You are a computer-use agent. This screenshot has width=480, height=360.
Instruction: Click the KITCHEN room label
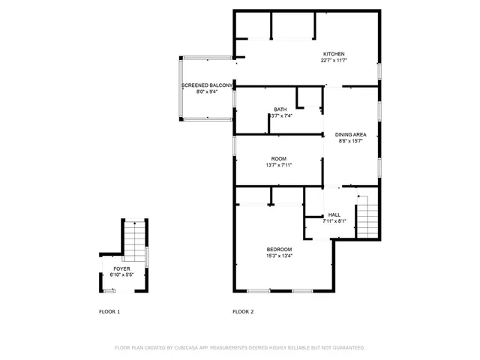tap(334, 54)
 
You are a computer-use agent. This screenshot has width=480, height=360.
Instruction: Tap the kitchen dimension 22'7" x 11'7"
tap(334, 61)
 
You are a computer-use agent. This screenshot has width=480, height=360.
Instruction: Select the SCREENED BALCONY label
tap(207, 86)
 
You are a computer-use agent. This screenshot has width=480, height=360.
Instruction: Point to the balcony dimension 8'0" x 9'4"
tap(207, 93)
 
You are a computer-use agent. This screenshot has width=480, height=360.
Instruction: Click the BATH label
tap(280, 109)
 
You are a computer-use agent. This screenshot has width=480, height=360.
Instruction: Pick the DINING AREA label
tap(350, 134)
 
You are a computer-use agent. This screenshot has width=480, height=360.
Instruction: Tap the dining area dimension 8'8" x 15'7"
tap(350, 141)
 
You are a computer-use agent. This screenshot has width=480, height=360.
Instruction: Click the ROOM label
tap(279, 158)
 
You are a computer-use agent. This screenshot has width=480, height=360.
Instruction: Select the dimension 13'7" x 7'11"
tap(279, 165)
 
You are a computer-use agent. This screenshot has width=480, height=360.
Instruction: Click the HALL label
tap(334, 214)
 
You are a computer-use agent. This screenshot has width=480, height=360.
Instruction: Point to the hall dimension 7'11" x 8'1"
tap(334, 221)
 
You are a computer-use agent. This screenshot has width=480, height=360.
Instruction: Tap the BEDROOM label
tap(279, 249)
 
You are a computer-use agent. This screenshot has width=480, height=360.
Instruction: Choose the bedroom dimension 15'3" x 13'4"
tap(279, 256)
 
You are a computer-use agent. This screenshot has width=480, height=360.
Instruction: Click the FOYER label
tap(121, 268)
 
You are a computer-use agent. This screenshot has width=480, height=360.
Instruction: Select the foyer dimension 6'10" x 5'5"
tap(121, 274)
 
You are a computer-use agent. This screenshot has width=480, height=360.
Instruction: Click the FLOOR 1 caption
tap(109, 311)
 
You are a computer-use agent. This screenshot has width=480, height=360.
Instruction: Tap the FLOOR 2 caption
tap(243, 311)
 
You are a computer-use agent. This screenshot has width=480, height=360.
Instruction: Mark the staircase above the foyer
tap(133, 239)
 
